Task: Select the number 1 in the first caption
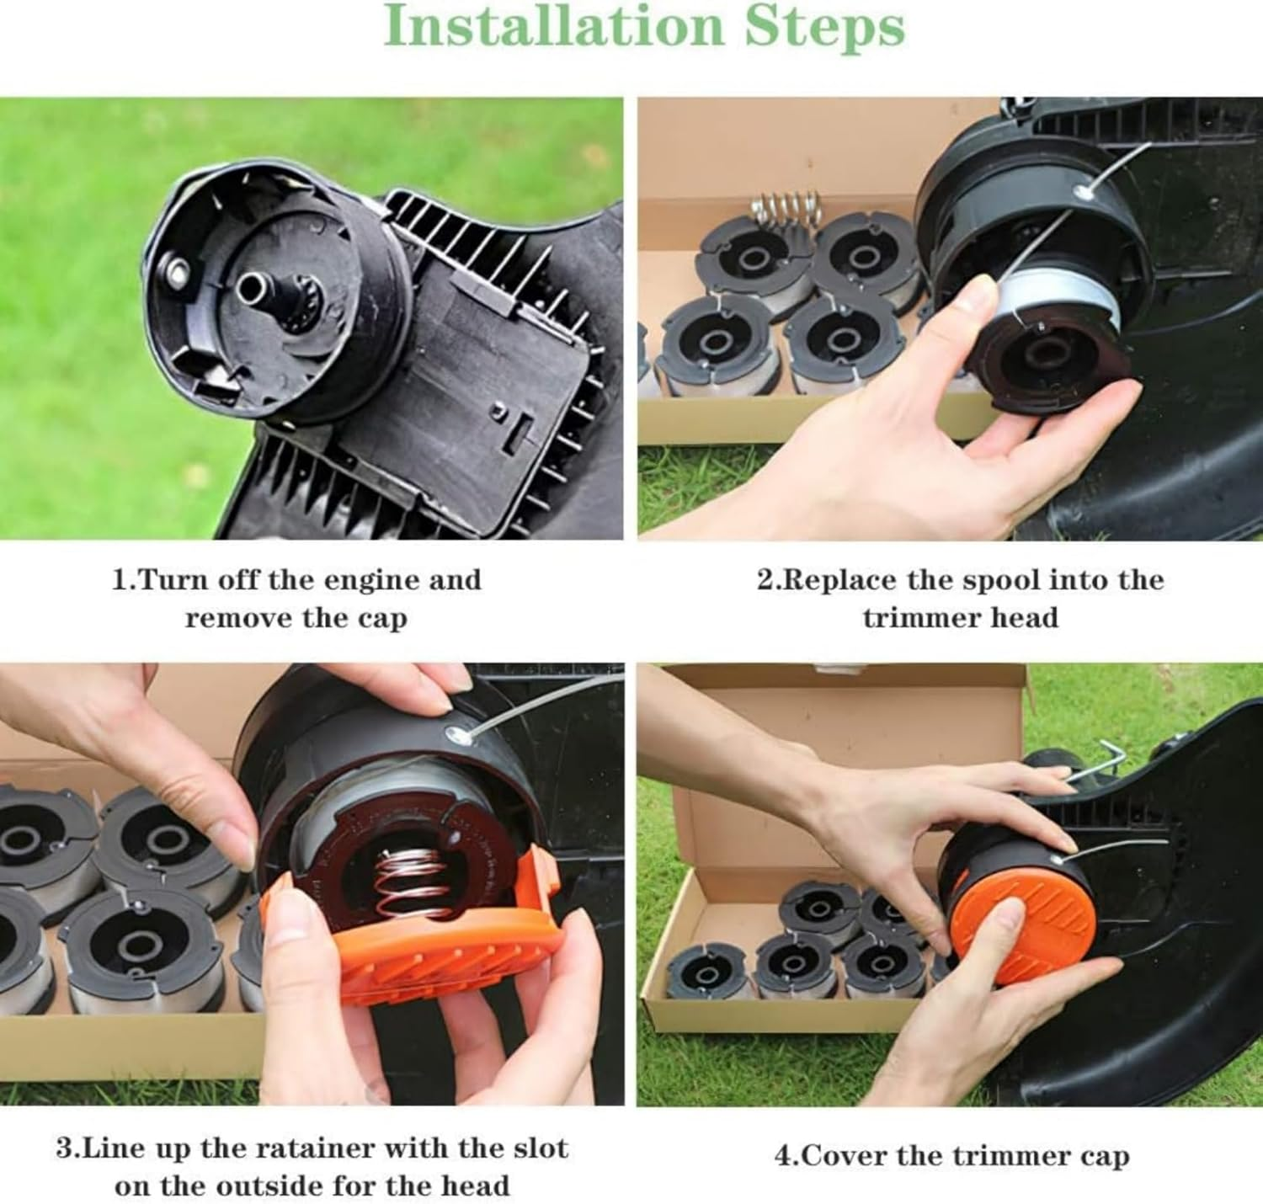click(120, 580)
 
